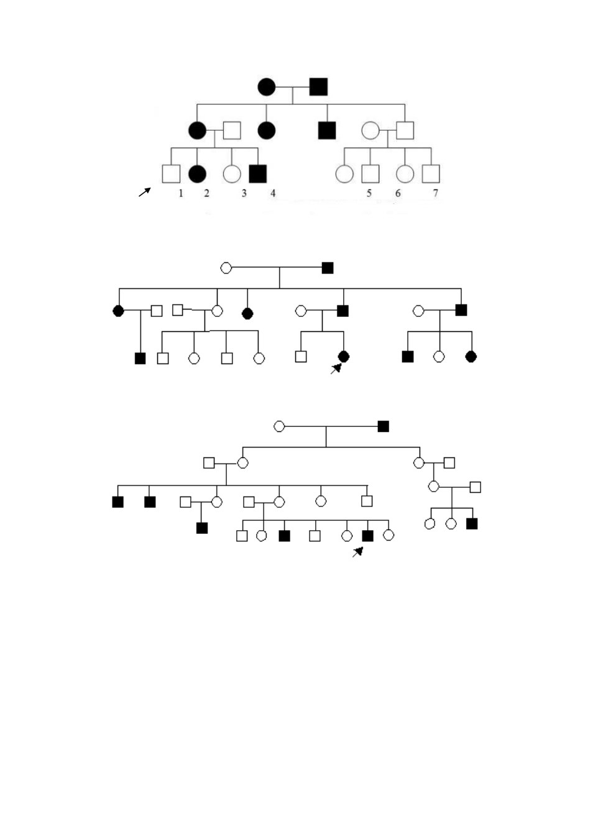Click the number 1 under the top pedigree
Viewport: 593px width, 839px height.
(x=181, y=193)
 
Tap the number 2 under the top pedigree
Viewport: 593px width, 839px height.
(x=206, y=193)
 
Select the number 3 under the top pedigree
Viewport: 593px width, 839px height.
(x=244, y=193)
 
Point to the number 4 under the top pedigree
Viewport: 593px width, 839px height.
(x=273, y=193)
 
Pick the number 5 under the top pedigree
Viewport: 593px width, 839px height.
(x=369, y=193)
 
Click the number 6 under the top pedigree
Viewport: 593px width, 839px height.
(x=398, y=193)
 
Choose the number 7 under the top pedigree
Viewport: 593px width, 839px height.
(x=435, y=193)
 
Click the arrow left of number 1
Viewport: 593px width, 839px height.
(x=145, y=192)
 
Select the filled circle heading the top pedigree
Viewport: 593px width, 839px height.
(x=266, y=87)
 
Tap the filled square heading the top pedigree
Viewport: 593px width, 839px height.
(x=318, y=87)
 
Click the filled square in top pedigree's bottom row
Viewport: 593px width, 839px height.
(x=258, y=174)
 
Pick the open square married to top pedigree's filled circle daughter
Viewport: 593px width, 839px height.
(x=232, y=131)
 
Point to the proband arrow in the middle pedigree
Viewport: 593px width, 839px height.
(x=336, y=369)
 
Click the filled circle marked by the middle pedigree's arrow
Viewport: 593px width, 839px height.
(x=344, y=357)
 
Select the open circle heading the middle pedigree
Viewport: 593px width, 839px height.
(x=226, y=268)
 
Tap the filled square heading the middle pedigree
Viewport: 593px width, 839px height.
(x=328, y=268)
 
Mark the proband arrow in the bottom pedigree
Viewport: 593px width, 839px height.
(x=358, y=552)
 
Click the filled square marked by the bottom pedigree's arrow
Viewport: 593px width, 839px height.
(x=367, y=536)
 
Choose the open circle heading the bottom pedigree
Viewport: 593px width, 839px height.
(x=279, y=426)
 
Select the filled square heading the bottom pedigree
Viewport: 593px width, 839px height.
(x=384, y=426)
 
